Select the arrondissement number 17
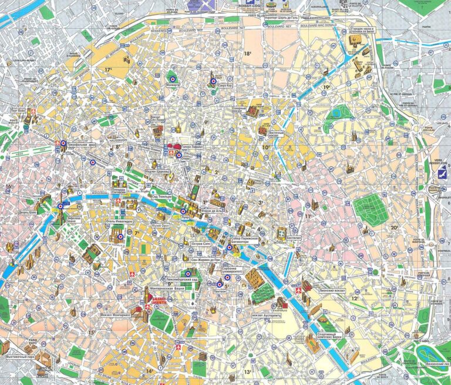click(108, 70)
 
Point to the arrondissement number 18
click(248, 53)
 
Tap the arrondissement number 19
click(327, 88)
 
